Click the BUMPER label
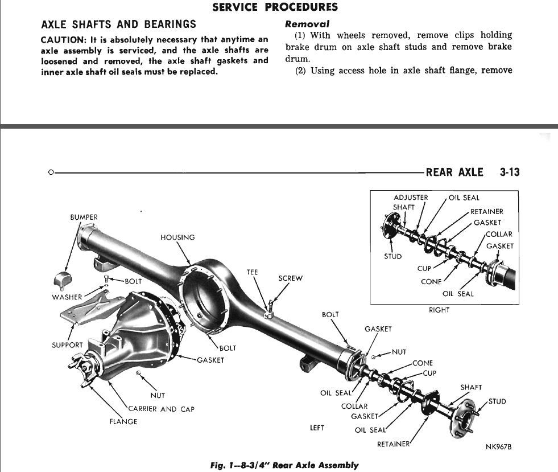click(x=84, y=217)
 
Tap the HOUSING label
click(x=177, y=237)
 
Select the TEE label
click(x=252, y=272)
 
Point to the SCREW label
click(x=290, y=278)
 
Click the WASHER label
click(x=67, y=297)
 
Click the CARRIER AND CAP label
click(x=161, y=409)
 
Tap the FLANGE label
click(x=123, y=421)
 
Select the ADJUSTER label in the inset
click(x=411, y=198)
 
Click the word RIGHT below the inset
click(x=439, y=310)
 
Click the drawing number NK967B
click(x=499, y=446)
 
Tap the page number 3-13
click(x=510, y=172)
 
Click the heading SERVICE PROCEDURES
click(x=275, y=7)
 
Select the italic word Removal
click(x=307, y=24)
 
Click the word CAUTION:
click(x=64, y=40)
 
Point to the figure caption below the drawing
click(x=284, y=465)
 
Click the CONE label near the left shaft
click(x=423, y=363)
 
